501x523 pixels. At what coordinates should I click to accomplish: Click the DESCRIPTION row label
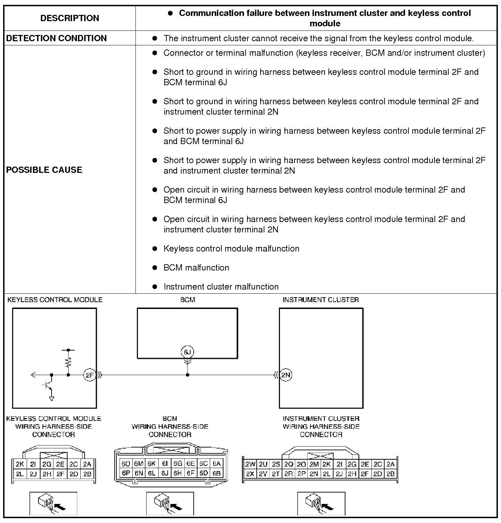tap(70, 18)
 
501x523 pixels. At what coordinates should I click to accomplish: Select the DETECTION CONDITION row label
tap(56, 38)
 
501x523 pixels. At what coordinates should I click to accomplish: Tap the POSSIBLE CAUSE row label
tap(44, 170)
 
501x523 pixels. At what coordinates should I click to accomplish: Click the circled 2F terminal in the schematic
tap(89, 375)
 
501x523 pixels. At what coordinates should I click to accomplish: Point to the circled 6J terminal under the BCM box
tap(187, 352)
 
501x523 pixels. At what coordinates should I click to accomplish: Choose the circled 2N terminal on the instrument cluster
tap(286, 375)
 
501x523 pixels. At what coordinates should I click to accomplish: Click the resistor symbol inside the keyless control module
tap(68, 362)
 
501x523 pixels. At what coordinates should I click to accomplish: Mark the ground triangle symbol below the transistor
tap(52, 399)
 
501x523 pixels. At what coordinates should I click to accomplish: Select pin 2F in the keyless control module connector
tap(60, 474)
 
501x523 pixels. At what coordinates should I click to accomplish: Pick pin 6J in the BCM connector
tap(165, 473)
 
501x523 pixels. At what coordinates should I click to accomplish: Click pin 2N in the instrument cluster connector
tap(314, 474)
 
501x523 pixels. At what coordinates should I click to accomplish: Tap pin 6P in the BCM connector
tap(126, 473)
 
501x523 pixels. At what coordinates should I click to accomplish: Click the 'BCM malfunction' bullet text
tap(196, 267)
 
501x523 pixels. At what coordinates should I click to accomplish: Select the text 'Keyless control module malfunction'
tap(231, 248)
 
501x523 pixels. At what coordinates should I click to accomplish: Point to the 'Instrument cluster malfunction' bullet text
tap(221, 286)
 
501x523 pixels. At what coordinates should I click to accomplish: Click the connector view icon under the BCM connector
tap(170, 503)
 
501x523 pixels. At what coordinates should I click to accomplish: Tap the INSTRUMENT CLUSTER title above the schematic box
tap(320, 300)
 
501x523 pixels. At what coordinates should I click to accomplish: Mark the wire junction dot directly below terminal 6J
tap(187, 375)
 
